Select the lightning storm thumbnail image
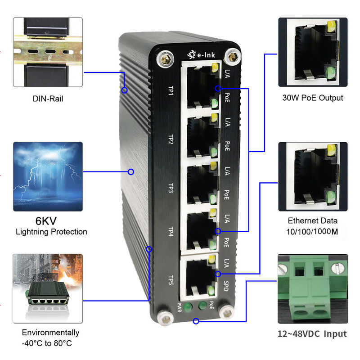pos(48,173)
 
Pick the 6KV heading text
pos(51,221)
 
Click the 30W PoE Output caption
pos(312,98)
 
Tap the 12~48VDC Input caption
pos(312,334)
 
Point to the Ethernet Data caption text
pos(312,221)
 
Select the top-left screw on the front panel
pos(165,58)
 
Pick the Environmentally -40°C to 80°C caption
pos(51,338)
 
